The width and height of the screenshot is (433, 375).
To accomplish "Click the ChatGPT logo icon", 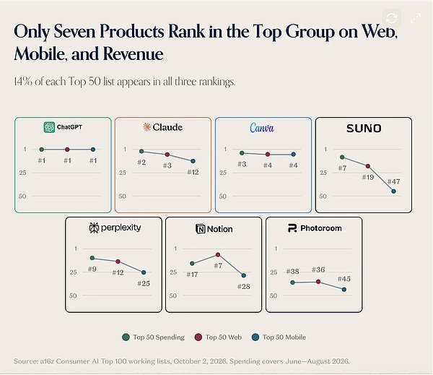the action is click(49, 127).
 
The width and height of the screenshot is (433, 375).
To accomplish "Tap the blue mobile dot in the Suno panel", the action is click(393, 191).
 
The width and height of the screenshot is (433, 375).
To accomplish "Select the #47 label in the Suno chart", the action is click(393, 181).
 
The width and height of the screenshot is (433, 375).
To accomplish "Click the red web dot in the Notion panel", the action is click(218, 254).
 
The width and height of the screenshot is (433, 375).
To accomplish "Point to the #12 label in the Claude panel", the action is click(193, 172).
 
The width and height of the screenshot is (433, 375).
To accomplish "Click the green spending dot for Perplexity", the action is click(92, 258).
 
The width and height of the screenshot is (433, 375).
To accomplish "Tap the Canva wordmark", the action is click(262, 128).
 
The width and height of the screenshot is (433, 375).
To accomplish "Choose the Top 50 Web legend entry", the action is click(218, 337).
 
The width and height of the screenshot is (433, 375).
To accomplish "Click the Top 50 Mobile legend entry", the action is click(279, 337).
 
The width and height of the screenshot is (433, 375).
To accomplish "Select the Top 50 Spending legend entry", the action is click(153, 337).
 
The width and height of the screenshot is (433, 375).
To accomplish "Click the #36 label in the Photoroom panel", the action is click(318, 270).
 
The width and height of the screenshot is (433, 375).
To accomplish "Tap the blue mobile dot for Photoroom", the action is click(344, 290).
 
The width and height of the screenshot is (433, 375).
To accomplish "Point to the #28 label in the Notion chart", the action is click(244, 287).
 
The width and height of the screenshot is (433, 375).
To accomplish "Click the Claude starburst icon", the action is click(147, 127).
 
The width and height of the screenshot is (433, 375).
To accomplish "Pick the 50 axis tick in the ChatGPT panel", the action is click(22, 196).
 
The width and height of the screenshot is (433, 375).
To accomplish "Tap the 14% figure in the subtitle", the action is click(23, 82).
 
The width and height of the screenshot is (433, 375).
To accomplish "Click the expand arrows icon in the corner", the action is click(416, 18).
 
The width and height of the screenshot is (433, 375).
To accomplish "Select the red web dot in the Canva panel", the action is click(267, 155).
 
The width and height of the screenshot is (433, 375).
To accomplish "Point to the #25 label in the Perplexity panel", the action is click(144, 283).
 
